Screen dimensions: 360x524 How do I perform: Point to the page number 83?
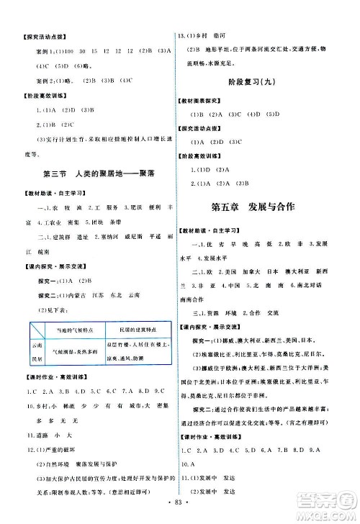point(180,514)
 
